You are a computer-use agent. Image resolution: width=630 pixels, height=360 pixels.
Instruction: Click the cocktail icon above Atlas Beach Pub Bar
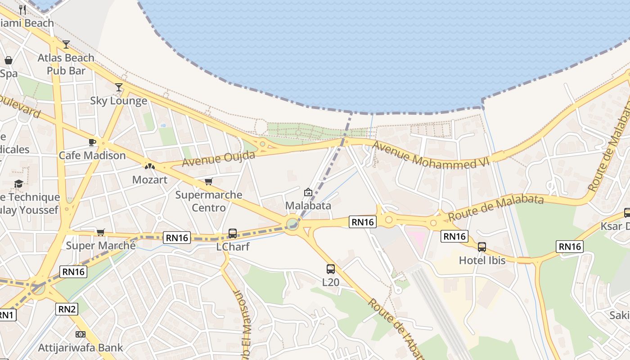pyautogui.click(x=66, y=44)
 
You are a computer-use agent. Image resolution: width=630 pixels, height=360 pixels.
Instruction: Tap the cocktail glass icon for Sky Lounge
pyautogui.click(x=119, y=87)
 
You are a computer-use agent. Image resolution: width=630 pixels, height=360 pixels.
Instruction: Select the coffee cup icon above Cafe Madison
pyautogui.click(x=92, y=142)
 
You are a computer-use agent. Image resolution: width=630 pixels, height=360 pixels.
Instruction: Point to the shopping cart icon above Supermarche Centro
pyautogui.click(x=208, y=181)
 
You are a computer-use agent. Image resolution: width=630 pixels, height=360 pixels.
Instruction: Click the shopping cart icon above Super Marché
pyautogui.click(x=100, y=232)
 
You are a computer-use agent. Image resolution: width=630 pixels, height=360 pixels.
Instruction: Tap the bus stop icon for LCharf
pyautogui.click(x=233, y=233)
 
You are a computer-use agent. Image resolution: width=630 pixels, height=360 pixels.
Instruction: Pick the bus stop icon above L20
pyautogui.click(x=331, y=269)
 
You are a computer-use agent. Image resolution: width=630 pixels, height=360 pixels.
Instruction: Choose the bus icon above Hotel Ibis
pyautogui.click(x=482, y=247)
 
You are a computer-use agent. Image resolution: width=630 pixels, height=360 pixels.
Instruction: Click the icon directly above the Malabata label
pyautogui.click(x=308, y=192)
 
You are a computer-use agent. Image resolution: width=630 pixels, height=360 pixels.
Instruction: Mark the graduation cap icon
pyautogui.click(x=18, y=184)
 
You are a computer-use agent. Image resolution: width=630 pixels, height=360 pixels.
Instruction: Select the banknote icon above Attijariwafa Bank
pyautogui.click(x=81, y=334)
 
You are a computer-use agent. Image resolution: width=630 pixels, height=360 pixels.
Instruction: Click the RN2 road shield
pyautogui.click(x=67, y=309)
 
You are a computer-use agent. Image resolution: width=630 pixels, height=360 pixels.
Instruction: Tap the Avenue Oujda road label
pyautogui.click(x=219, y=158)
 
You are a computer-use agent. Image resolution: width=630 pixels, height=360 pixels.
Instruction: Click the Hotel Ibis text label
pyautogui.click(x=482, y=260)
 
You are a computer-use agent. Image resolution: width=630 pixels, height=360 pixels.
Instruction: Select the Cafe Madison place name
pyautogui.click(x=92, y=156)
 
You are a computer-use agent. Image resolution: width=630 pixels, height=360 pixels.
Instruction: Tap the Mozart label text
pyautogui.click(x=149, y=180)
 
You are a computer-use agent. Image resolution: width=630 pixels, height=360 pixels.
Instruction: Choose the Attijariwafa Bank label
pyautogui.click(x=81, y=348)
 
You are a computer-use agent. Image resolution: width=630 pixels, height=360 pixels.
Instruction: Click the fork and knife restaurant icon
pyautogui.click(x=22, y=9)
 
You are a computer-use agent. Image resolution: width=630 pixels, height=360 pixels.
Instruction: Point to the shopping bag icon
pyautogui.click(x=9, y=60)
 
